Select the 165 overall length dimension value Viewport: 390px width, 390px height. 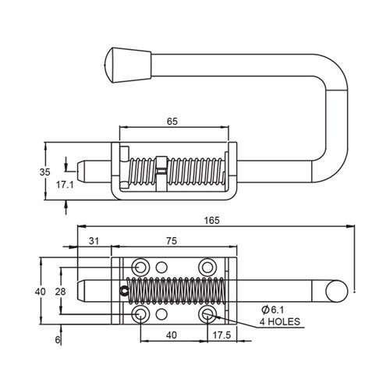click(211, 220)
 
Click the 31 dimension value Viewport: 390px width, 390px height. click(94, 241)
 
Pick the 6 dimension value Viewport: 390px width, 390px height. click(58, 340)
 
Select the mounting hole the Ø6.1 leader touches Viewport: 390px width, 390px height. click(207, 314)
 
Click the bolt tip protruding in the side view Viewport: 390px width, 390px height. click(87, 169)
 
